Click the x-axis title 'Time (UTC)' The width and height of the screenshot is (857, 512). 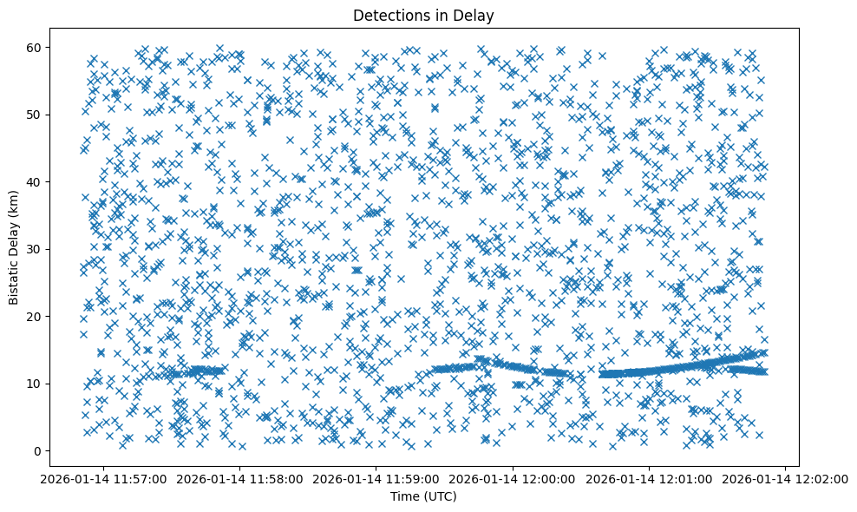pyautogui.click(x=424, y=496)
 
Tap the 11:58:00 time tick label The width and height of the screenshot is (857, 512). pyautogui.click(x=240, y=478)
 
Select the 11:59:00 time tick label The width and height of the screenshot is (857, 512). pyautogui.click(x=376, y=478)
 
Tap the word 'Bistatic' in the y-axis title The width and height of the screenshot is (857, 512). pyautogui.click(x=14, y=280)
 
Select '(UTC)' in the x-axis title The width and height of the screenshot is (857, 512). pyautogui.click(x=440, y=496)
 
